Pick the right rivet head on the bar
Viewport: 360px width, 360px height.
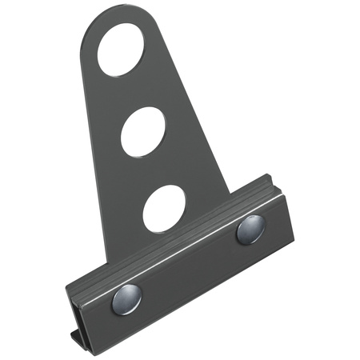click(x=250, y=230)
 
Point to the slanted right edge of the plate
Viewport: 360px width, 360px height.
click(x=196, y=112)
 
